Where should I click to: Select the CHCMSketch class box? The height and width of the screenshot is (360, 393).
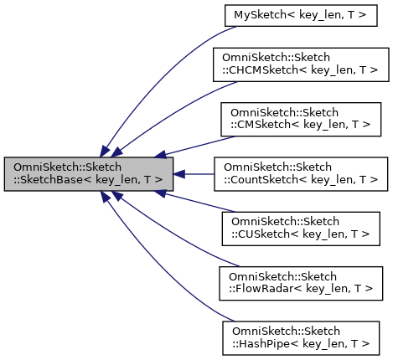point(303,64)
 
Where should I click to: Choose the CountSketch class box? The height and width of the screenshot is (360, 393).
point(303,173)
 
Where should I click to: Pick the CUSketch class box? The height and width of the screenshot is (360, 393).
point(303,229)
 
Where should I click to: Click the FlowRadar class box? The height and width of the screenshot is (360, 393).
point(303,282)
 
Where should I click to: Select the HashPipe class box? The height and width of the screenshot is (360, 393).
point(303,337)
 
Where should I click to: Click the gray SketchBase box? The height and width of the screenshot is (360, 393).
point(88,173)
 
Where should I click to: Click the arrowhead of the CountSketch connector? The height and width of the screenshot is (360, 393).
point(179,174)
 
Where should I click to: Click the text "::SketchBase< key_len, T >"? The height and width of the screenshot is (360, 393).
point(88,180)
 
